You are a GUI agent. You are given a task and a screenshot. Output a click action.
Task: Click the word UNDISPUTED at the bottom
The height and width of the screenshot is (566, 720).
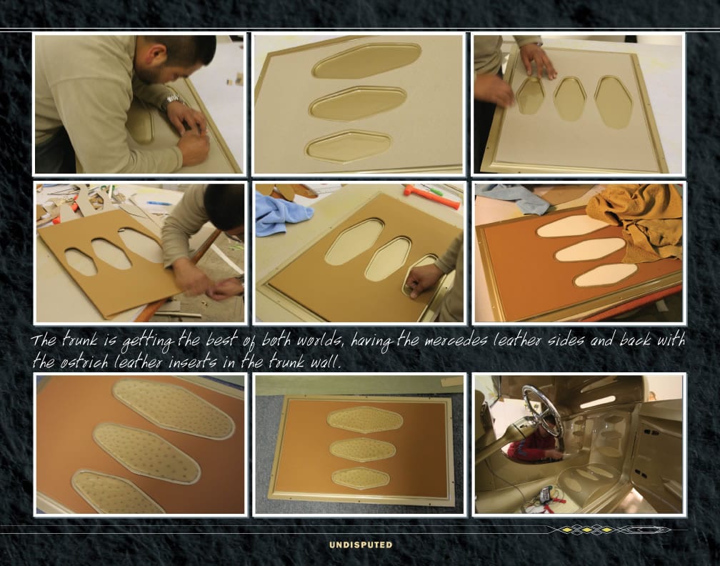point(361,545)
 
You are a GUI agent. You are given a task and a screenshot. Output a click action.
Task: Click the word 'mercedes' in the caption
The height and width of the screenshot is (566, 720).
point(456,342)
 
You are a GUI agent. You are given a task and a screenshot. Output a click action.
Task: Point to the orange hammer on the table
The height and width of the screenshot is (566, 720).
point(431,196)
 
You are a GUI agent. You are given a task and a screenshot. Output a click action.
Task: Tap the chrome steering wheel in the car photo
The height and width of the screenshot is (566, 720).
point(542,416)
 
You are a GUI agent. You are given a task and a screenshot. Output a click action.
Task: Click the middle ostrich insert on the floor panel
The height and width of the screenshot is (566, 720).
point(363,450)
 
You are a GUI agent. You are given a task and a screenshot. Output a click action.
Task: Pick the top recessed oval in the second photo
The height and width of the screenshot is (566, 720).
point(366,60)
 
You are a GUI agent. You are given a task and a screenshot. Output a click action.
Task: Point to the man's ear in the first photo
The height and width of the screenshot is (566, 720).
point(159,54)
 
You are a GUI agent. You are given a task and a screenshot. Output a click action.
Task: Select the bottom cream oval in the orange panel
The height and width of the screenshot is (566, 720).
point(606,274)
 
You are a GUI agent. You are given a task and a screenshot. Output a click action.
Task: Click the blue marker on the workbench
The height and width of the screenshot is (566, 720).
point(159,203)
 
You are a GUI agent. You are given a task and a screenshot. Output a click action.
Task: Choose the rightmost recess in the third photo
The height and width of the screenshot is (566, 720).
point(614,101)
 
